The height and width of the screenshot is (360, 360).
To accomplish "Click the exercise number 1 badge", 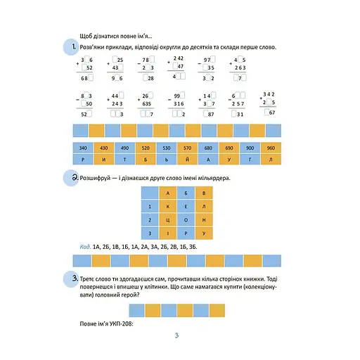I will point(70,48).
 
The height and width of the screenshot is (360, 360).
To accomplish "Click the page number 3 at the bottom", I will point(178,335).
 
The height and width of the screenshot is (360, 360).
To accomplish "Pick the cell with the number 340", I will point(84,148).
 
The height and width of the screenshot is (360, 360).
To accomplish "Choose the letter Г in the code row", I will point(250,160).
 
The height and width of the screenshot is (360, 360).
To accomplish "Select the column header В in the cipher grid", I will point(204,193).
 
